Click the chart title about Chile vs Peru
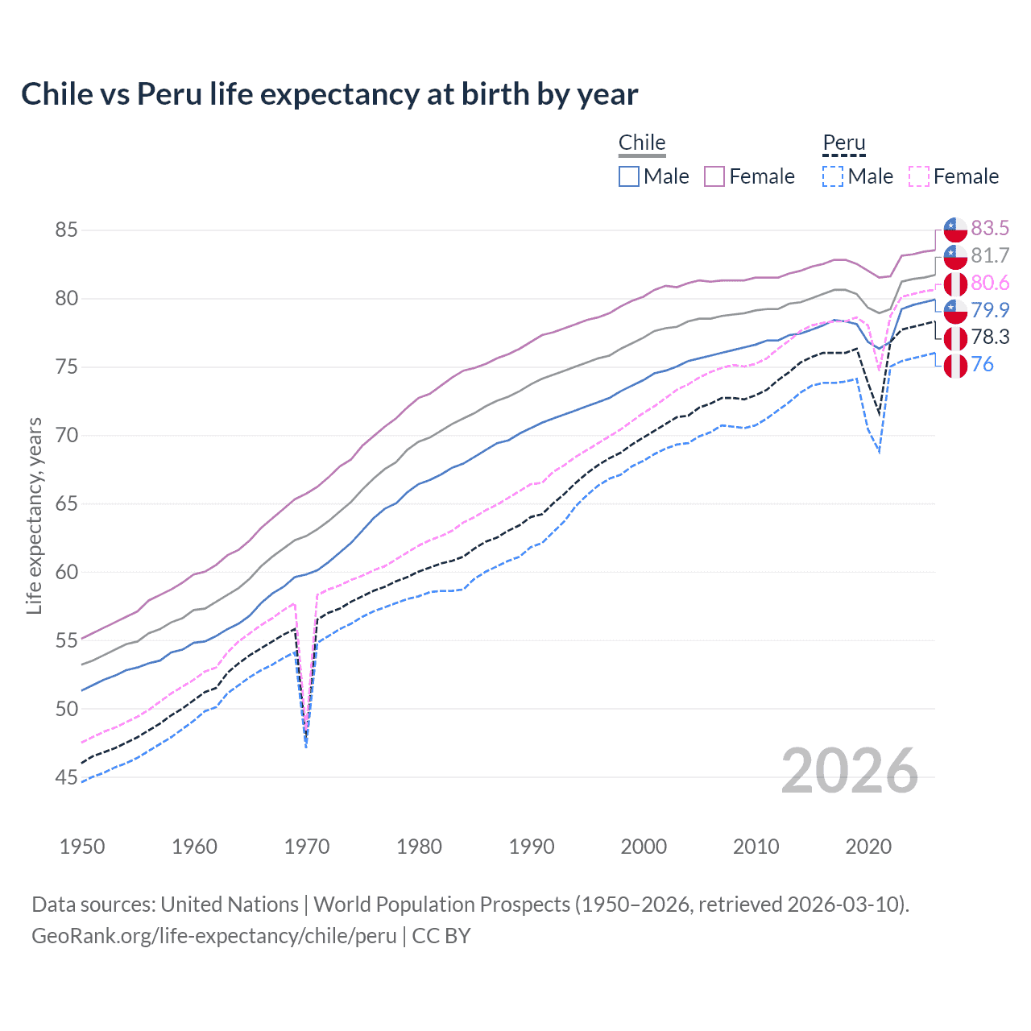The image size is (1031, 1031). (329, 94)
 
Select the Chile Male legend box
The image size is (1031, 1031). (629, 176)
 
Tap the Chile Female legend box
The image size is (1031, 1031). (714, 176)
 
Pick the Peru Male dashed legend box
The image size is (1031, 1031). (833, 176)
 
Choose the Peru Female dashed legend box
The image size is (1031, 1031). (918, 176)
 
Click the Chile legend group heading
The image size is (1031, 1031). (642, 143)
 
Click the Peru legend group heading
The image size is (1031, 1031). (843, 143)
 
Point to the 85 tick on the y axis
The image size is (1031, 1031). (66, 230)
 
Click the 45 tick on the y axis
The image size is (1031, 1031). (66, 778)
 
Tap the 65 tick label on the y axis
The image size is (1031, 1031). (66, 504)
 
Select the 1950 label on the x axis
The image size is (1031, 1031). (82, 847)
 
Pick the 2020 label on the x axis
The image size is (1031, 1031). (868, 847)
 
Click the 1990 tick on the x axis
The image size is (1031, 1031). (532, 847)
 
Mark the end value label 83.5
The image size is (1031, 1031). (990, 229)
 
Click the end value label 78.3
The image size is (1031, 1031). (990, 337)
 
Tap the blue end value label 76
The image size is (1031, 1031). (982, 365)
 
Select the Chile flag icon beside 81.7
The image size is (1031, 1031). (955, 256)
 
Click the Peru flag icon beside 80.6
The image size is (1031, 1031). (955, 284)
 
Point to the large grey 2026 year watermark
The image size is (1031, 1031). (850, 771)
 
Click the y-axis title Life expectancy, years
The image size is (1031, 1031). (35, 515)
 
